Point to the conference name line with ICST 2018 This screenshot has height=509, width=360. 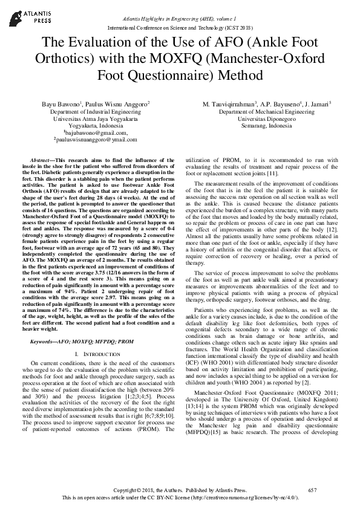click(x=180, y=28)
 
